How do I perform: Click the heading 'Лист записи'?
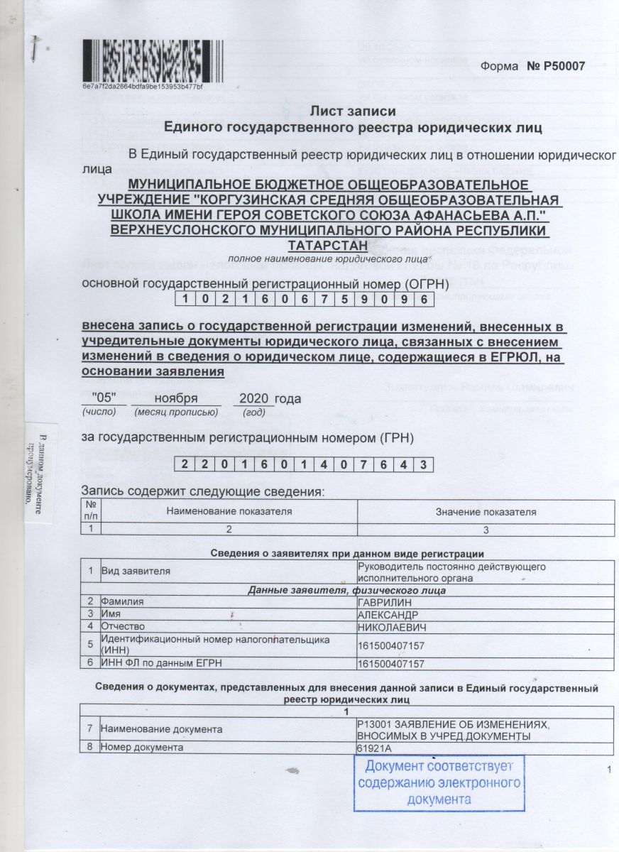pyautogui.click(x=354, y=111)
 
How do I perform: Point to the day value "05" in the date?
pyautogui.click(x=104, y=398)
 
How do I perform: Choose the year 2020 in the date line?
pyautogui.click(x=254, y=398)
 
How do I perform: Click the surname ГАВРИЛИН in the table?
pyautogui.click(x=383, y=602)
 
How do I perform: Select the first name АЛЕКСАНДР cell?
pyautogui.click(x=388, y=614)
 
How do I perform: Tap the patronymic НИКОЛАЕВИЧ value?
pyautogui.click(x=390, y=626)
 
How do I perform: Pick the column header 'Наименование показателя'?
pyautogui.click(x=229, y=511)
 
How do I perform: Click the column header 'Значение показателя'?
pyautogui.click(x=486, y=511)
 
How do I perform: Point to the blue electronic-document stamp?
pyautogui.click(x=439, y=782)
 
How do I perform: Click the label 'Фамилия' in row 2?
pyautogui.click(x=122, y=602)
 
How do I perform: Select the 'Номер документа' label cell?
pyautogui.click(x=142, y=748)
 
